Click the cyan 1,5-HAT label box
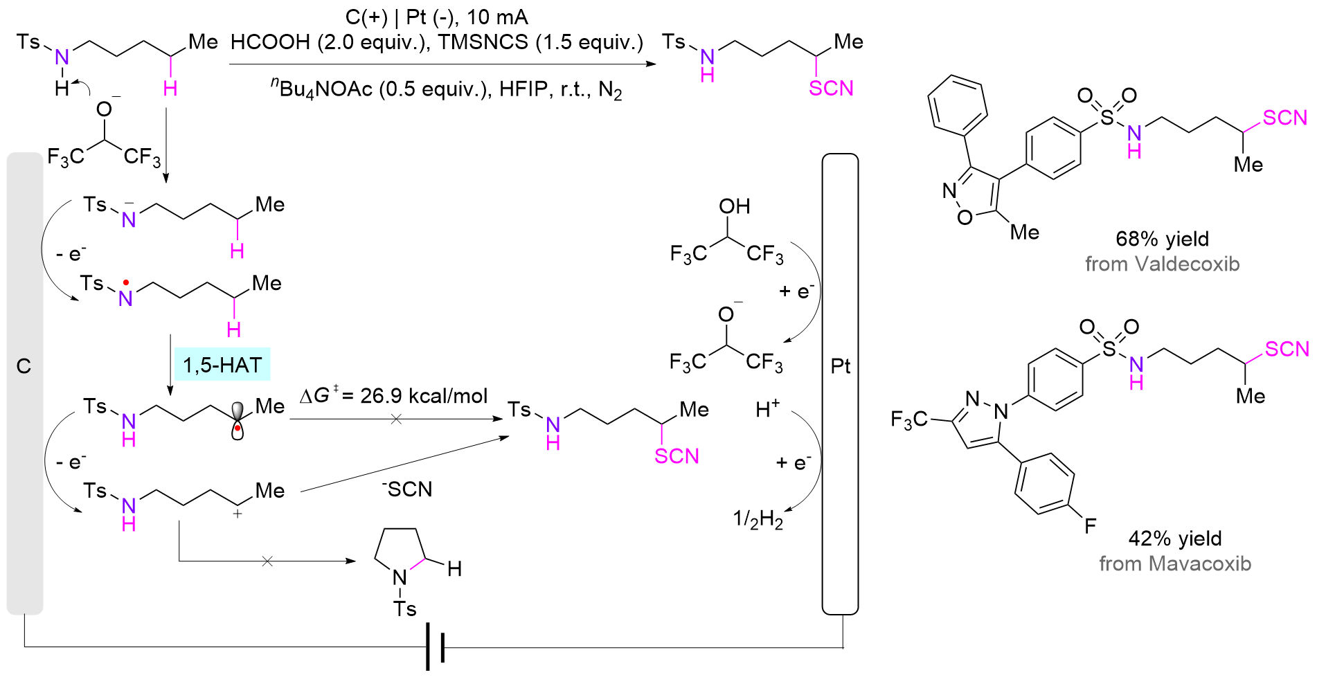[x=222, y=364]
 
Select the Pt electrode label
[x=840, y=366]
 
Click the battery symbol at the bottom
[x=435, y=647]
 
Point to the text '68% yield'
[x=1162, y=239]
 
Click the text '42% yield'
[x=1175, y=539]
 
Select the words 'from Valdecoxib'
[x=1162, y=264]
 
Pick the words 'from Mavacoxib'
[x=1175, y=563]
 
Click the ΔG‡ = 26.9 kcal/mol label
[x=393, y=396]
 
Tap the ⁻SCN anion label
[x=407, y=489]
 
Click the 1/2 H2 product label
[x=758, y=518]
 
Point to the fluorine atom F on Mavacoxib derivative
[x=1090, y=526]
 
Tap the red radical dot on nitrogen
[x=125, y=282]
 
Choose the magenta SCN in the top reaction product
[x=831, y=89]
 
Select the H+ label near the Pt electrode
[x=767, y=410]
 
